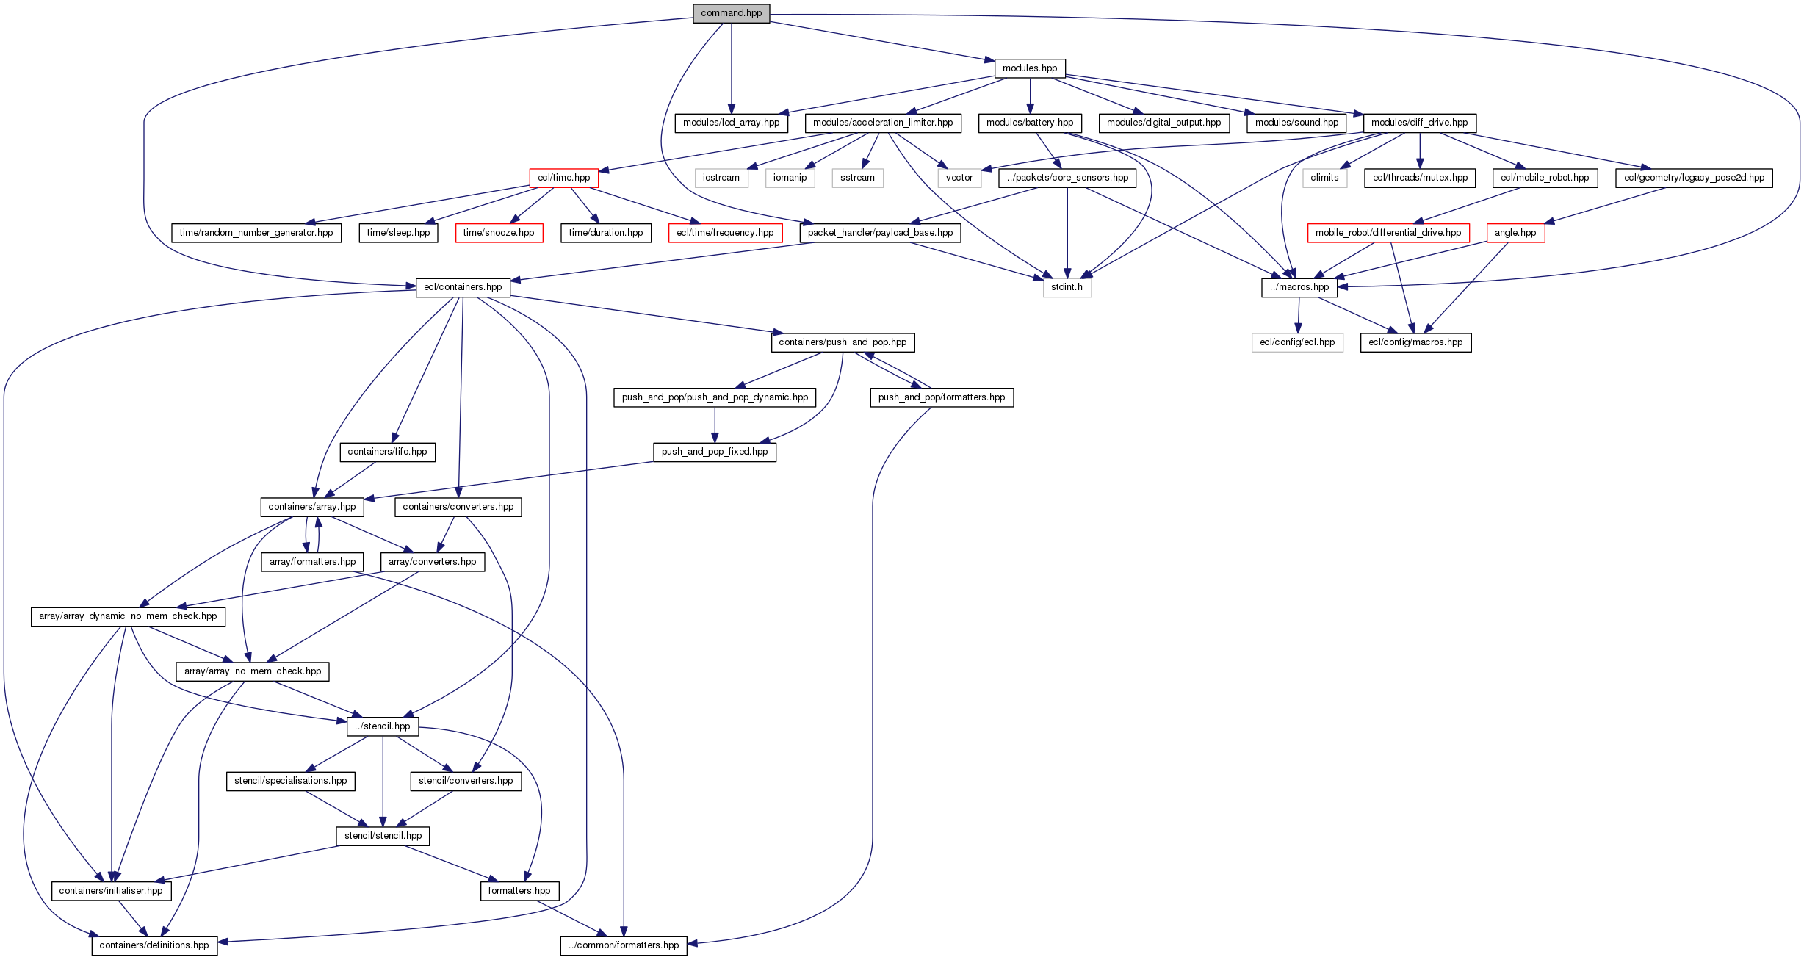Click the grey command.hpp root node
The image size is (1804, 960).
[731, 13]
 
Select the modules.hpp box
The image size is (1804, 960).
[1030, 68]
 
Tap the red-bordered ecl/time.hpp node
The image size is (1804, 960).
[563, 178]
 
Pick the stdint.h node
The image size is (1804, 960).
[1067, 287]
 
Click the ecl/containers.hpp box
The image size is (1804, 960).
[463, 287]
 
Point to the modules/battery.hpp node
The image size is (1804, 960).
[1029, 123]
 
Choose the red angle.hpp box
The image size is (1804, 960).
[1515, 233]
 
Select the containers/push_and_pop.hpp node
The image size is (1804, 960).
[842, 342]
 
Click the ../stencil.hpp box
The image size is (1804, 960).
[383, 726]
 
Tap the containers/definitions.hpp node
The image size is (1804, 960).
[154, 945]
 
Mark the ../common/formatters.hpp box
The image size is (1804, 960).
[624, 945]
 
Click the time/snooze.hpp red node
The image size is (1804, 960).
[499, 233]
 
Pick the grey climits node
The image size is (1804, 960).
[1324, 178]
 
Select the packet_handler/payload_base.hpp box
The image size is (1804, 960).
[880, 233]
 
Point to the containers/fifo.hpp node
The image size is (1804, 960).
[387, 452]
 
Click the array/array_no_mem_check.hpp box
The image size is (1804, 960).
[253, 671]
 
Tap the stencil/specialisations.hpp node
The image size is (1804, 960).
[290, 781]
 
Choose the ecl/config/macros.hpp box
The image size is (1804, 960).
[1415, 342]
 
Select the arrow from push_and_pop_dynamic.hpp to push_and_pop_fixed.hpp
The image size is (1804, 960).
[715, 425]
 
